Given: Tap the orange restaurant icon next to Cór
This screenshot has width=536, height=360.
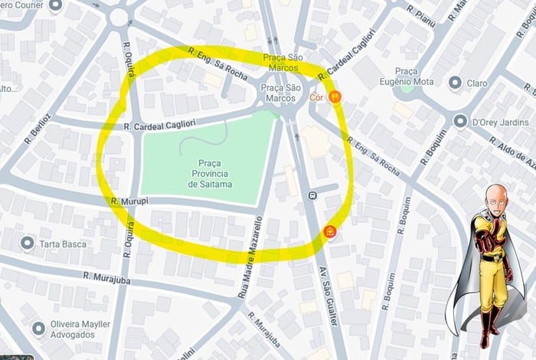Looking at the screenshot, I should (335, 97).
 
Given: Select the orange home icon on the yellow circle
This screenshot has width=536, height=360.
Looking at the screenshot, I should (330, 231).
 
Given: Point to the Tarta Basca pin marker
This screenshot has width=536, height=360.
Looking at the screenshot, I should (28, 244).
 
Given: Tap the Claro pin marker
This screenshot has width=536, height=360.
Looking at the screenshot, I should (456, 83).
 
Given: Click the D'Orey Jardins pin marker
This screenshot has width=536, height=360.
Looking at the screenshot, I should (460, 121).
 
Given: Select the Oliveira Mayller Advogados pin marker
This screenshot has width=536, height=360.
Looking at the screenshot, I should (38, 328).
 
